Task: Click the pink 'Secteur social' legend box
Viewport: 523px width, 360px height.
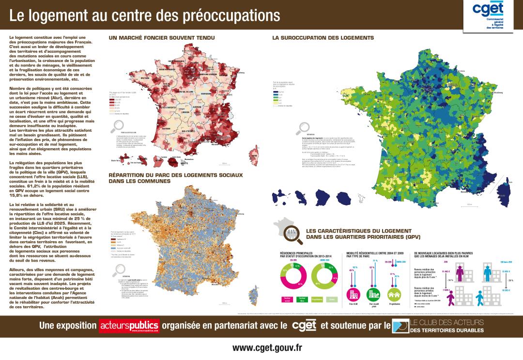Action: (287, 300)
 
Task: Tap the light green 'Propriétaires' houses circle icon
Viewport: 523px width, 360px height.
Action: (395, 294)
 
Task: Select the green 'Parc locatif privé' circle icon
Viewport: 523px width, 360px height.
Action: (373, 294)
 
